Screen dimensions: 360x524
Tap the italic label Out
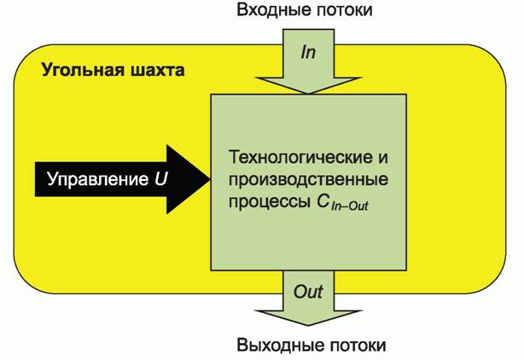(308, 292)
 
